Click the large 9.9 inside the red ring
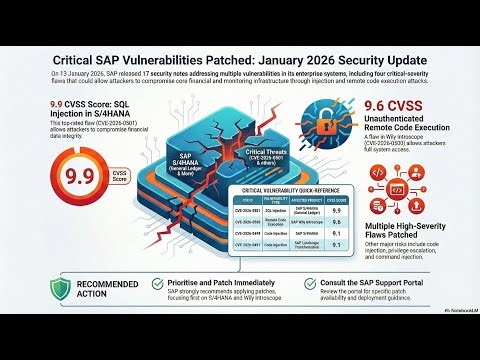(52, 178)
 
